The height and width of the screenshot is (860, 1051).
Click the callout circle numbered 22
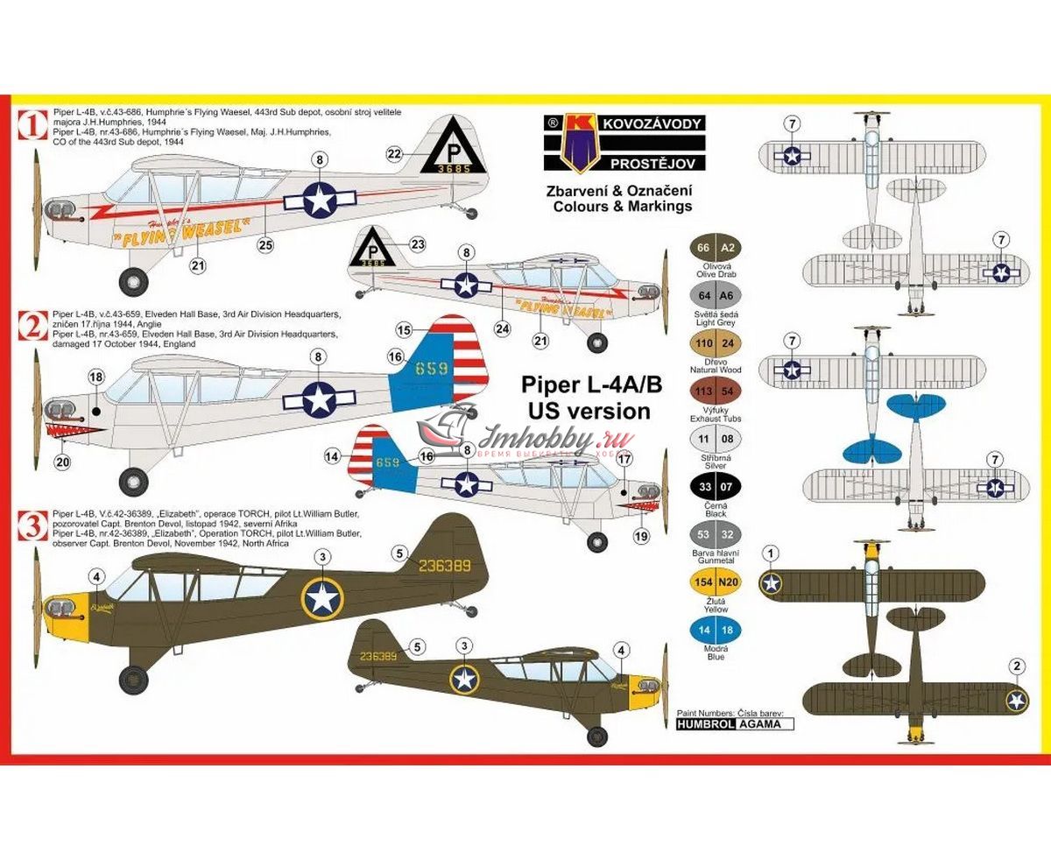pos(394,153)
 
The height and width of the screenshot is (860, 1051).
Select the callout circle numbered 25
pos(266,244)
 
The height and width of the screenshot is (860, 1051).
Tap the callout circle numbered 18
pos(96,377)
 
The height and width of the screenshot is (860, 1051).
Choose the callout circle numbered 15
pos(404,330)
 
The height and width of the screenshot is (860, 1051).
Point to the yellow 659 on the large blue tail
pos(432,369)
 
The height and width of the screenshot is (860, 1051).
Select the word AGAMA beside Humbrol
pos(762,724)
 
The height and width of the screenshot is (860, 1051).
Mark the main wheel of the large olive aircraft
pos(134,677)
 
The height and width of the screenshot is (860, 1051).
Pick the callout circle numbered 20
pos(62,462)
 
